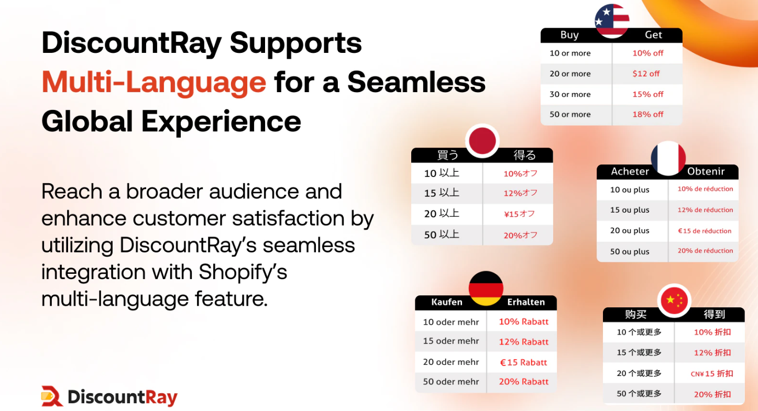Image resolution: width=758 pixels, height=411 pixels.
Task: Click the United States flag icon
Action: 612,20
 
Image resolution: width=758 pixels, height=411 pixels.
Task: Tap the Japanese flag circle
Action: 482,141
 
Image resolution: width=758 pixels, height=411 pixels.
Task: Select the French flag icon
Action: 668,158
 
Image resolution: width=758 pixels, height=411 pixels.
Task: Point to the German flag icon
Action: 486,288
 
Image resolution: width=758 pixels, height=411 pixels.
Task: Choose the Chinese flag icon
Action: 674,301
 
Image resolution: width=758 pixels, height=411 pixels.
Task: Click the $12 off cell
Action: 646,74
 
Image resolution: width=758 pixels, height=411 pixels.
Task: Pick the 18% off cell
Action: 647,114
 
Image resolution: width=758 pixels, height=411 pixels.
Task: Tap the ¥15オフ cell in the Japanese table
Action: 520,214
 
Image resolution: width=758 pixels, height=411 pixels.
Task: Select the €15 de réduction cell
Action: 705,231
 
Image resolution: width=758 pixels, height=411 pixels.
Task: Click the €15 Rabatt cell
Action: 523,362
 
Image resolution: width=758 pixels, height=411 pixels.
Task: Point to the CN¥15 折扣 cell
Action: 712,373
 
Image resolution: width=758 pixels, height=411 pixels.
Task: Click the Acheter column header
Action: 630,172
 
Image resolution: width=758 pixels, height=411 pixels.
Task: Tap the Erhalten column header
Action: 526,302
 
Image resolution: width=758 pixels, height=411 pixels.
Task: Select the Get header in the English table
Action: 653,35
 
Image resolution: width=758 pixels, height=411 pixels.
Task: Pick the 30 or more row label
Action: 570,94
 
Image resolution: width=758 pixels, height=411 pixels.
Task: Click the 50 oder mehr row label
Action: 451,382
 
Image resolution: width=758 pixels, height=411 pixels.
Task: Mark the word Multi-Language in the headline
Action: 154,82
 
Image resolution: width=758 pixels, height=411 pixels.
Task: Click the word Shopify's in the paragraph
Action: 243,272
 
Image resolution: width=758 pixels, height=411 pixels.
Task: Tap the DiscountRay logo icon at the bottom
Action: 52,396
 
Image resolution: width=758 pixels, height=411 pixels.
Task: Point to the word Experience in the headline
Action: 221,121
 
